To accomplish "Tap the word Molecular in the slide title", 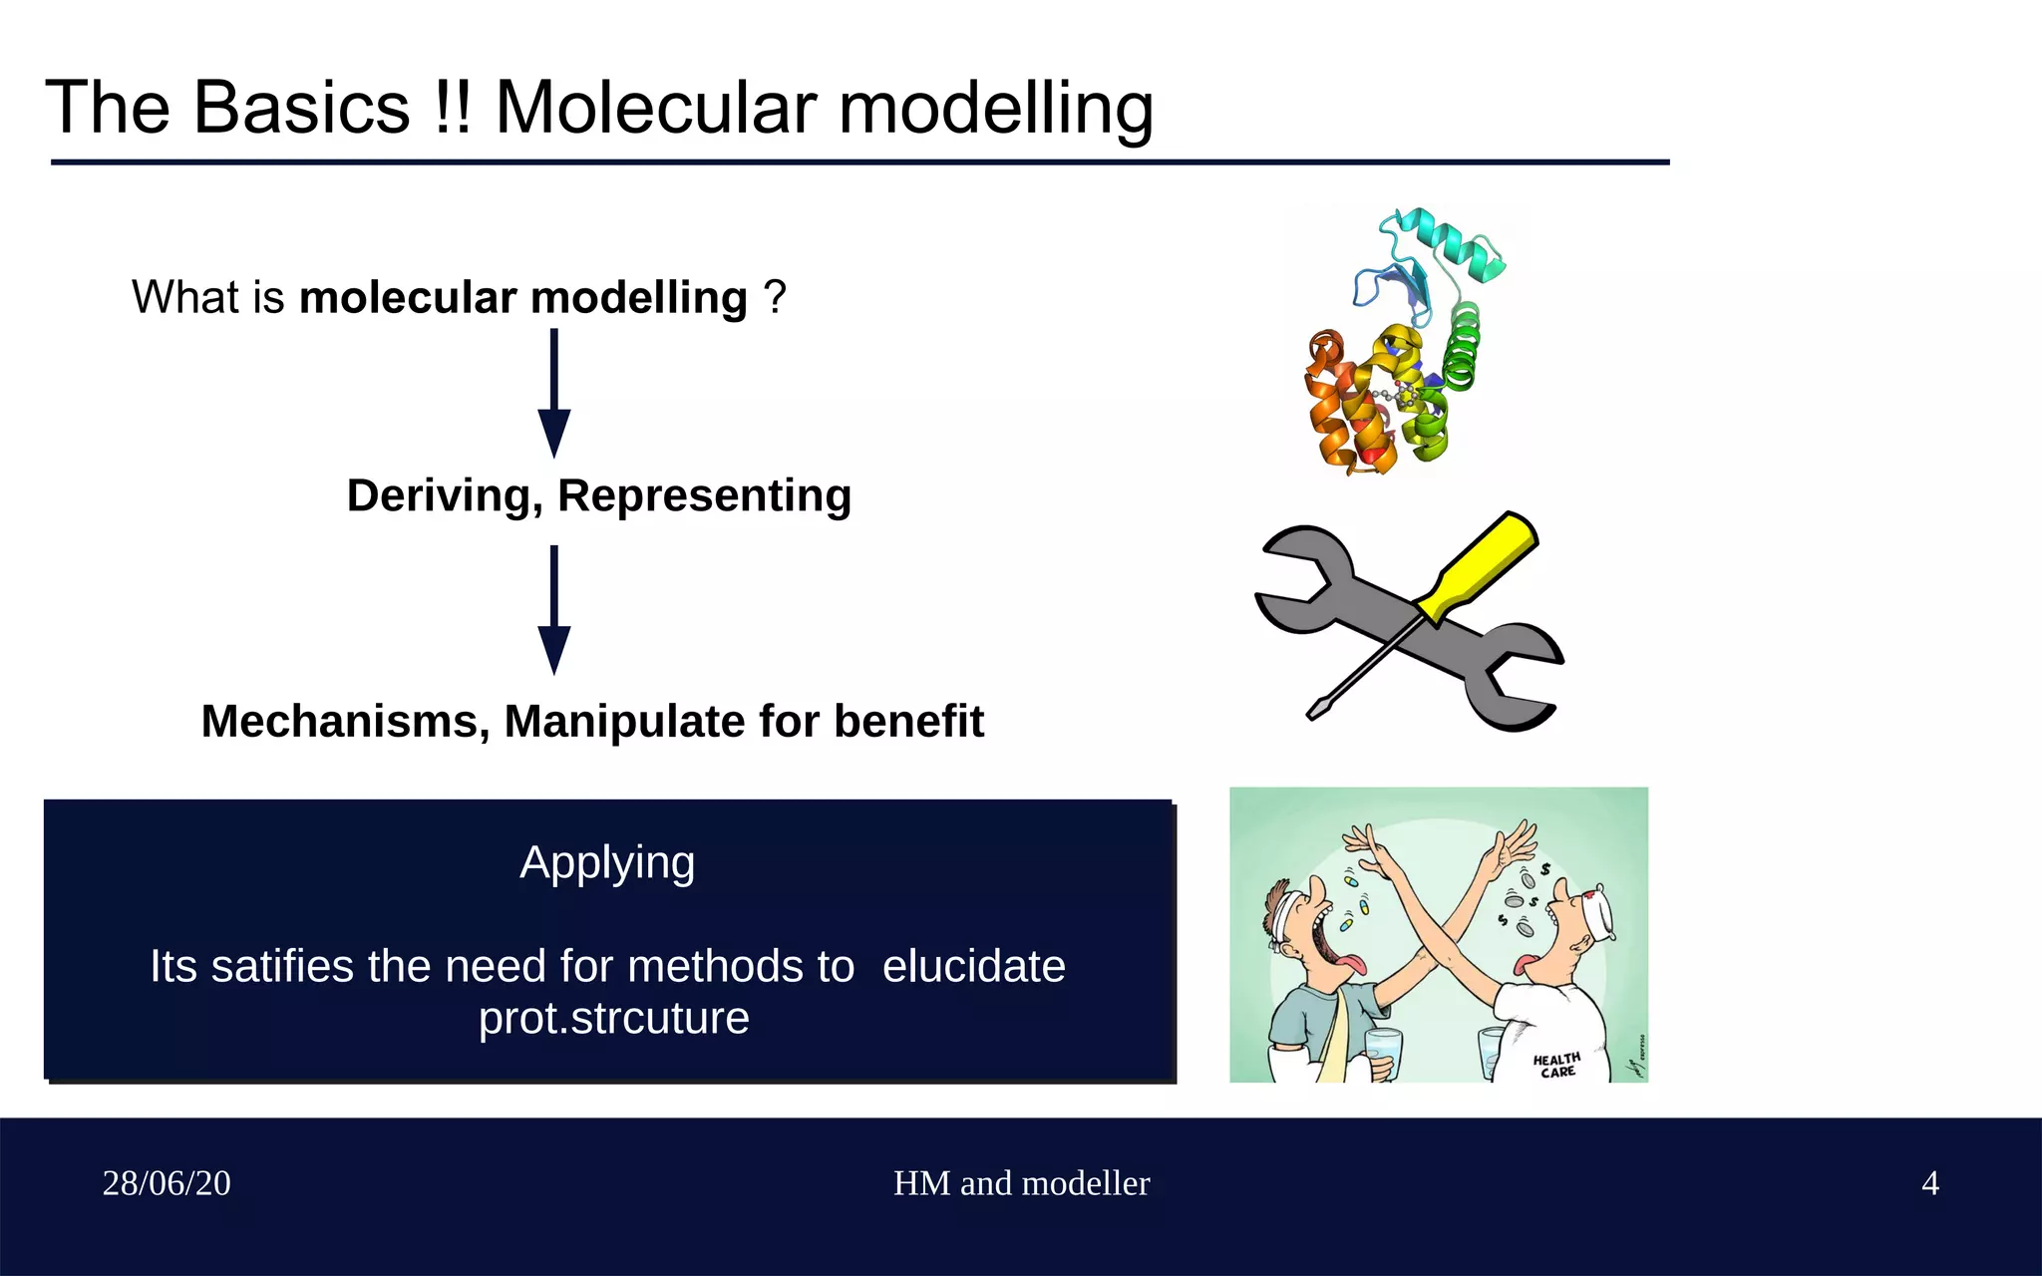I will pyautogui.click(x=656, y=108).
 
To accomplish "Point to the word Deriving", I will pyautogui.click(x=444, y=495).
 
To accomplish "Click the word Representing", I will pyautogui.click(x=704, y=495).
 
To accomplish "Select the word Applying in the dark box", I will pyautogui.click(x=607, y=862).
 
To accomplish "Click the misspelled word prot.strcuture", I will pyautogui.click(x=613, y=1018).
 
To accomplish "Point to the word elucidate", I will pyautogui.click(x=973, y=966).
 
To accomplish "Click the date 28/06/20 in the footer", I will pyautogui.click(x=167, y=1183).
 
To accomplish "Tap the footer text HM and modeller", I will pyautogui.click(x=1021, y=1183).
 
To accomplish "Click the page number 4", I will pyautogui.click(x=1930, y=1183).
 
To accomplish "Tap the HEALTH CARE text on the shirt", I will pyautogui.click(x=1556, y=1065).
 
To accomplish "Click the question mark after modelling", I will pyautogui.click(x=775, y=297).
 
